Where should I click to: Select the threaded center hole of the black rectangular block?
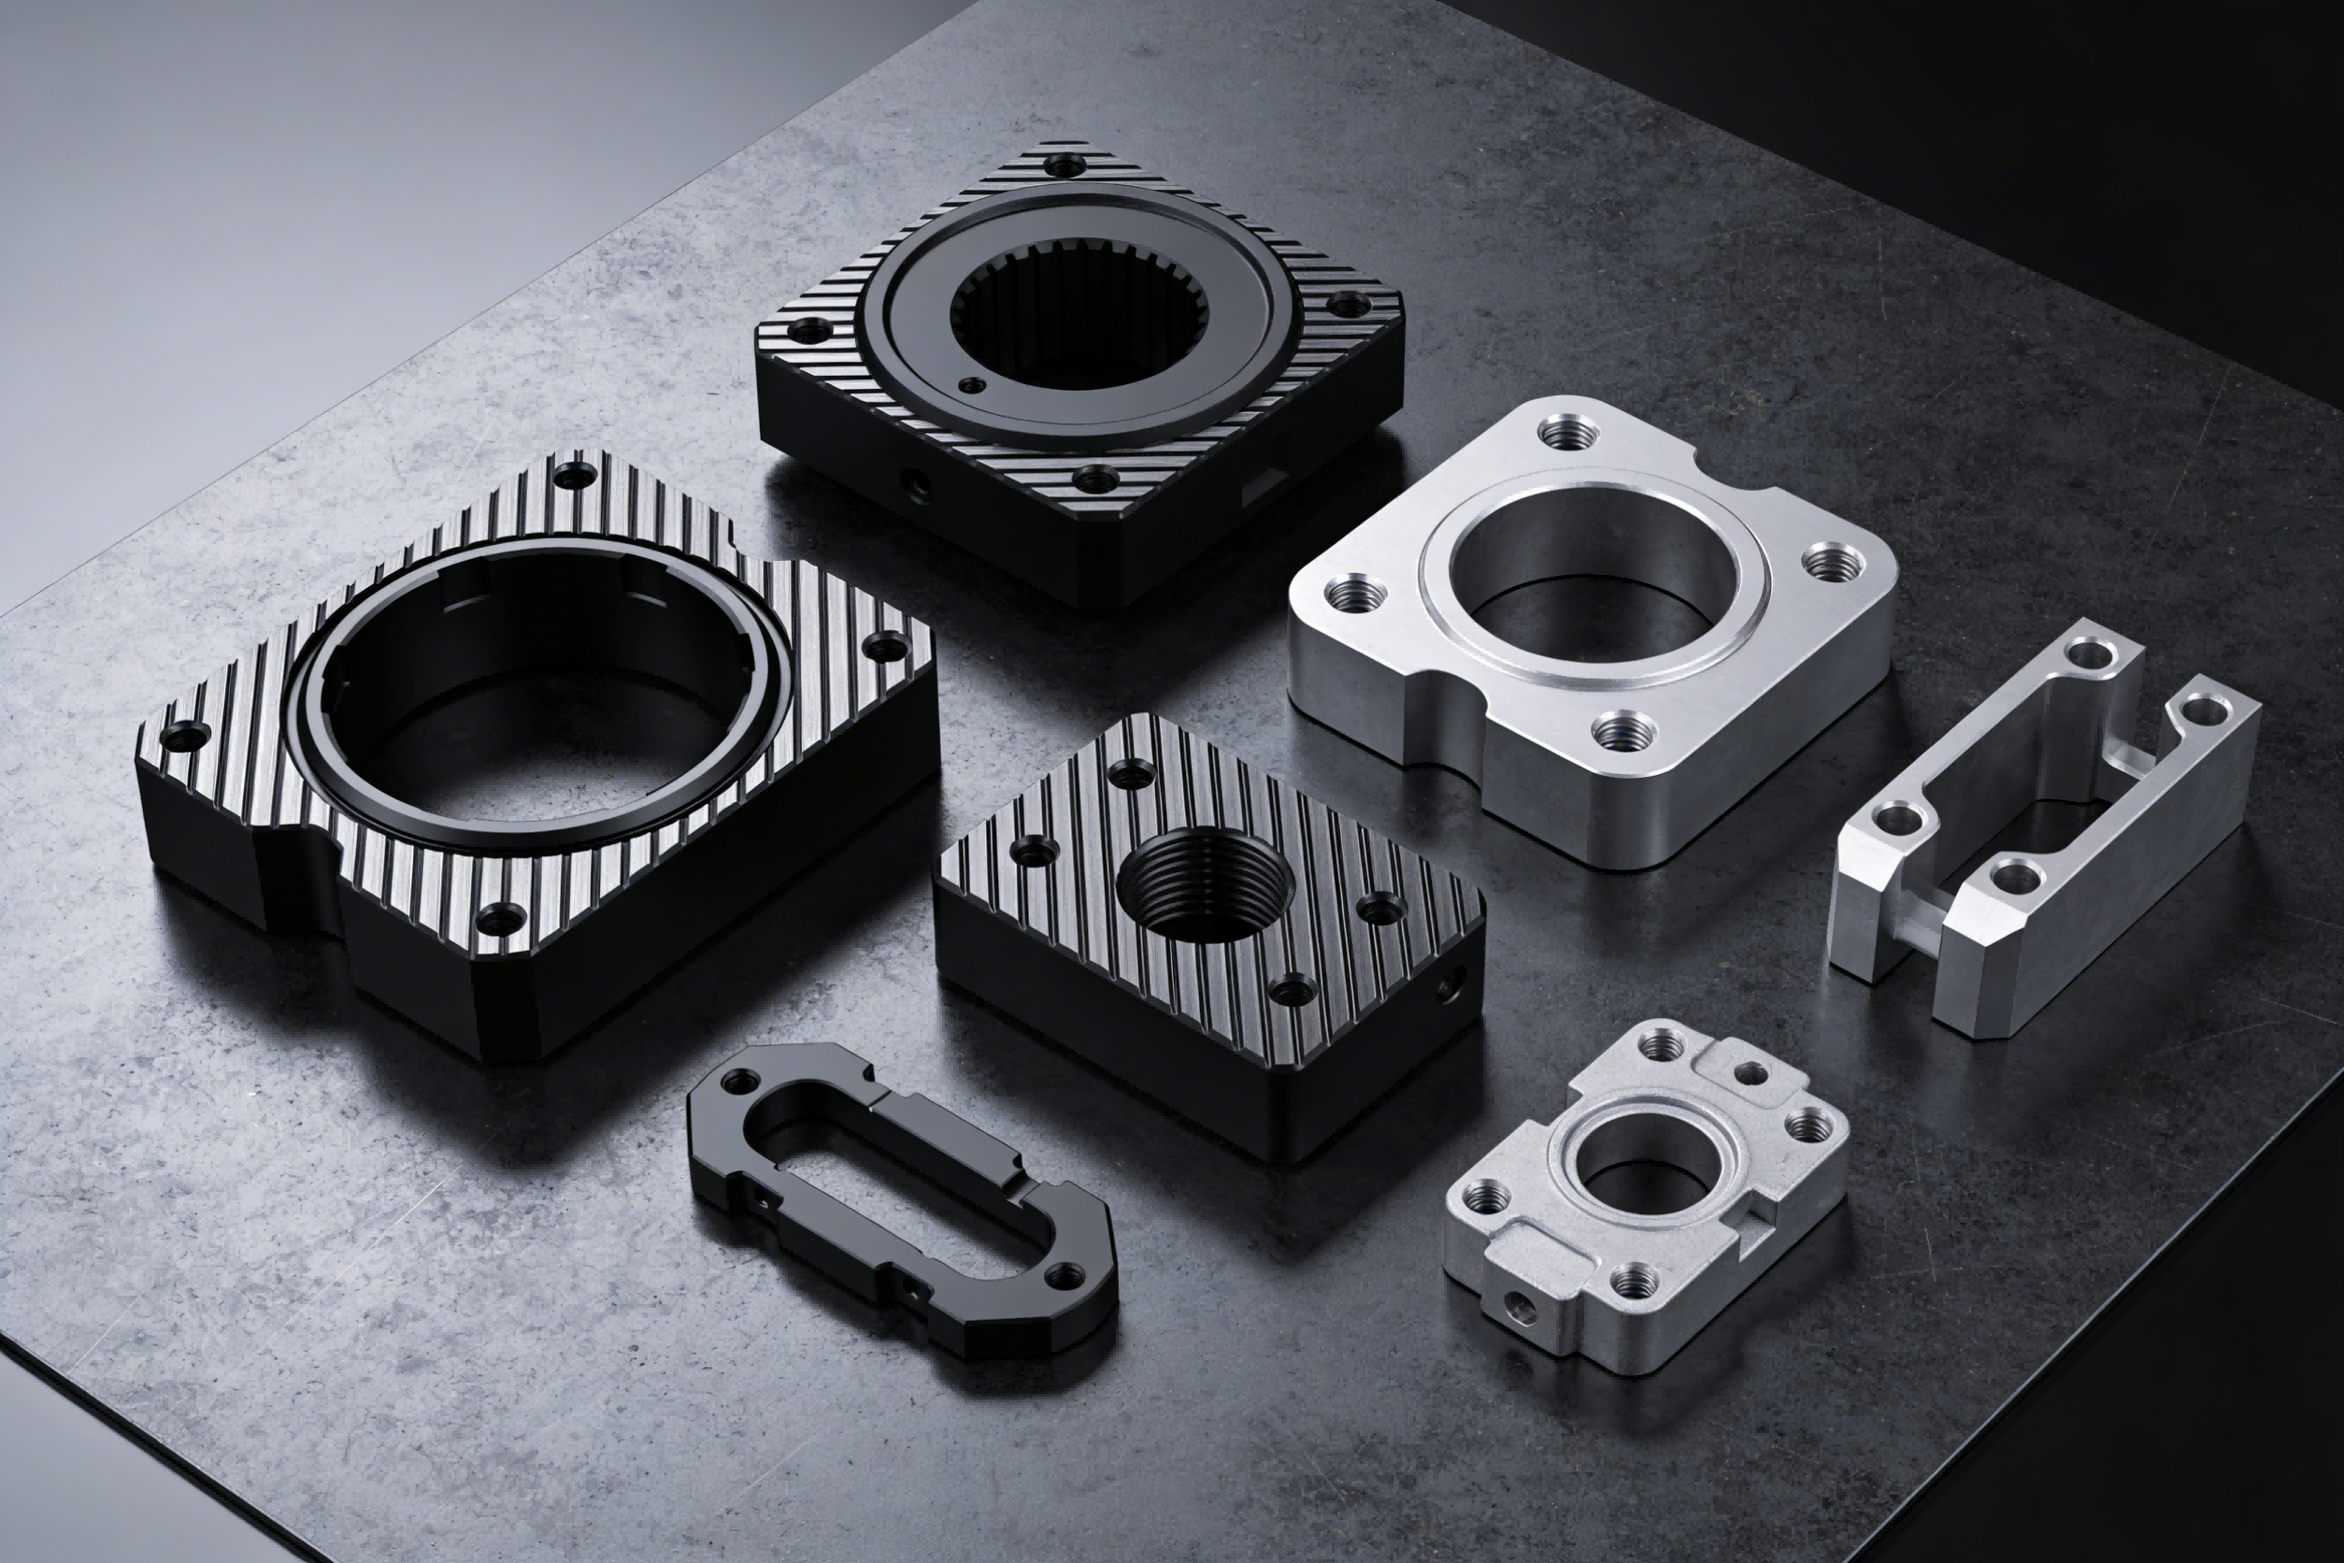(1205, 883)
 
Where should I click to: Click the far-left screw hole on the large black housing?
(183, 738)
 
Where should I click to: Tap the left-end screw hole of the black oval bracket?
(741, 1080)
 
